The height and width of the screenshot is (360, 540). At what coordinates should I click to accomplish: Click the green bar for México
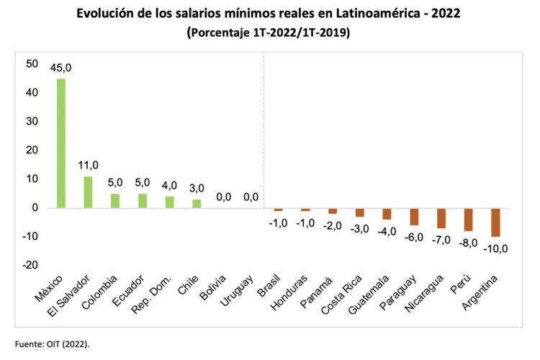[x=61, y=143]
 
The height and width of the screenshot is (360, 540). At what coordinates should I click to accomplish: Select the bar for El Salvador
[x=88, y=192]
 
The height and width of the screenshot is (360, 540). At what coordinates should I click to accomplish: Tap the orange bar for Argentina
[x=495, y=222]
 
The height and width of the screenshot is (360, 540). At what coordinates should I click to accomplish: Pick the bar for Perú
[x=468, y=220]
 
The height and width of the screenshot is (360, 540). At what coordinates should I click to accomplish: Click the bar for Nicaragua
[x=441, y=218]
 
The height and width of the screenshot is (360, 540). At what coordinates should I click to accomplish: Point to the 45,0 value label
[x=61, y=68]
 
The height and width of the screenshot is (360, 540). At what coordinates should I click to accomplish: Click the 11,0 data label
[x=88, y=166]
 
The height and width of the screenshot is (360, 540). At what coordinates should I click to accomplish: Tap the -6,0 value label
[x=414, y=237]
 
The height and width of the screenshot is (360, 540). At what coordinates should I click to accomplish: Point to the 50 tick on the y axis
[x=32, y=64]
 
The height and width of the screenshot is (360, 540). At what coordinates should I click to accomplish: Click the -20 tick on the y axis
[x=30, y=266]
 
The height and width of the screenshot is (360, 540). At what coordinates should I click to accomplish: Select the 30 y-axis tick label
[x=32, y=122]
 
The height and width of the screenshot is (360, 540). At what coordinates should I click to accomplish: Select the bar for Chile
[x=197, y=204]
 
